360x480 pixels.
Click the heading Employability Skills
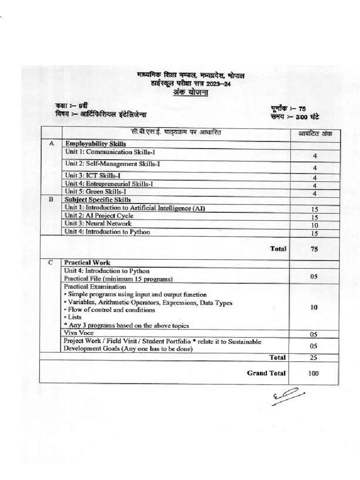pos(95,143)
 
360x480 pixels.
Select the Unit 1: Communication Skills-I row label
pos(105,152)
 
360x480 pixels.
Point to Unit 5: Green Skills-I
pos(96,191)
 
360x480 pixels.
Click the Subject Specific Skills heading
pos(98,200)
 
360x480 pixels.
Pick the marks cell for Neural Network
pos(315,225)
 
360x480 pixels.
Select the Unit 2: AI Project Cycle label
pos(99,216)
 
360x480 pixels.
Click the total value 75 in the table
pos(314,249)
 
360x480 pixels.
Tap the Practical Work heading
pos(87,263)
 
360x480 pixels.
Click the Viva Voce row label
pos(79,333)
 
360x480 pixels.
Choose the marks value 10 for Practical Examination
pos(314,307)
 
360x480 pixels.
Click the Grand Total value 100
pos(314,374)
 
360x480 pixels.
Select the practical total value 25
pos(314,358)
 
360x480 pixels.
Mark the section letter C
pos(51,262)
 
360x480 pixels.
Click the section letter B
pos(51,199)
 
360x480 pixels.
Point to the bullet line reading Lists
pos(73,317)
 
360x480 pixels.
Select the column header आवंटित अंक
pos(315,134)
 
